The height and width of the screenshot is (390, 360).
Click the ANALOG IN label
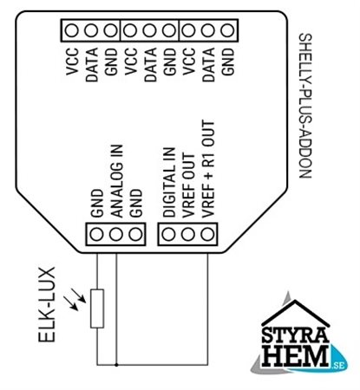(x=117, y=181)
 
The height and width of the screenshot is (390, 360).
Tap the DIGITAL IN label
(x=169, y=182)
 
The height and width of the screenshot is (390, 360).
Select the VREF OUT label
(x=189, y=185)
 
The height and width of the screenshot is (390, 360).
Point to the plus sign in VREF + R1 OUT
(x=208, y=178)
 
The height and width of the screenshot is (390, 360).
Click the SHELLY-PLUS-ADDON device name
(x=305, y=106)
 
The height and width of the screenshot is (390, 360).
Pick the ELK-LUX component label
(x=47, y=305)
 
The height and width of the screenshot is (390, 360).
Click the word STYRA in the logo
(x=295, y=335)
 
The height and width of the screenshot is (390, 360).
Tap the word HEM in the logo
(x=296, y=356)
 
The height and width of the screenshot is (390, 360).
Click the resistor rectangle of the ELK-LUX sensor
(x=97, y=309)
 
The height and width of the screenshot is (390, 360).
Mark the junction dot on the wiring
(x=116, y=365)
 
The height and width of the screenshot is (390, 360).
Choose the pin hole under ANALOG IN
(x=116, y=234)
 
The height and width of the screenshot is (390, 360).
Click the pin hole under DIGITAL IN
(x=169, y=234)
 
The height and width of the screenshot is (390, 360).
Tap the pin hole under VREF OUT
(x=188, y=234)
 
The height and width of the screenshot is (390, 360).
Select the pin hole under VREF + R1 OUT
(x=207, y=234)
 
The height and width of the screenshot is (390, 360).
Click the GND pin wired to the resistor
(x=96, y=234)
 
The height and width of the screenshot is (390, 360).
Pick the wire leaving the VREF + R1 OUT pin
(x=207, y=309)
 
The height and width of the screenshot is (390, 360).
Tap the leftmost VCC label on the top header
(x=72, y=62)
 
